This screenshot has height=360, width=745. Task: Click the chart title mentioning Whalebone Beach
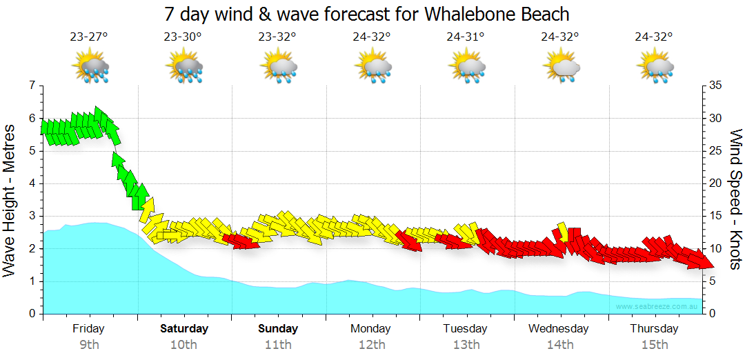point(367,14)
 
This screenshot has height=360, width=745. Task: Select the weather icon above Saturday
point(183,68)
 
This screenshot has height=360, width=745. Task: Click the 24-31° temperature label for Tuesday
point(466,37)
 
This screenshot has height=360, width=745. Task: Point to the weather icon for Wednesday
point(560,68)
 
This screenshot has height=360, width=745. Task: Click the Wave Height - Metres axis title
point(10,200)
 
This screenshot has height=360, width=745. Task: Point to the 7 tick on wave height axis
point(31,86)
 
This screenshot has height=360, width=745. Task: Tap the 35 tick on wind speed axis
point(715,86)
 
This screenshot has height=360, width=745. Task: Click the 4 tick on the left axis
point(31,183)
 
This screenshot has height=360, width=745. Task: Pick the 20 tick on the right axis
point(715,183)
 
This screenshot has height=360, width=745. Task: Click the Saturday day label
point(183,329)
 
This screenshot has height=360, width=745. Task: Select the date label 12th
point(372,344)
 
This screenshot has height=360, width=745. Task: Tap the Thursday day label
point(655,329)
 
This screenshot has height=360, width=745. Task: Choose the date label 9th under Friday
point(89,344)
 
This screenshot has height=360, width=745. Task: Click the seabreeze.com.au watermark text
point(657,306)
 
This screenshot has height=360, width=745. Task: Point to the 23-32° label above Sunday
point(277,37)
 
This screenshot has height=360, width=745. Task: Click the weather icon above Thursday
point(655,68)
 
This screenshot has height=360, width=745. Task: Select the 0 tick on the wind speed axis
point(712,314)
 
